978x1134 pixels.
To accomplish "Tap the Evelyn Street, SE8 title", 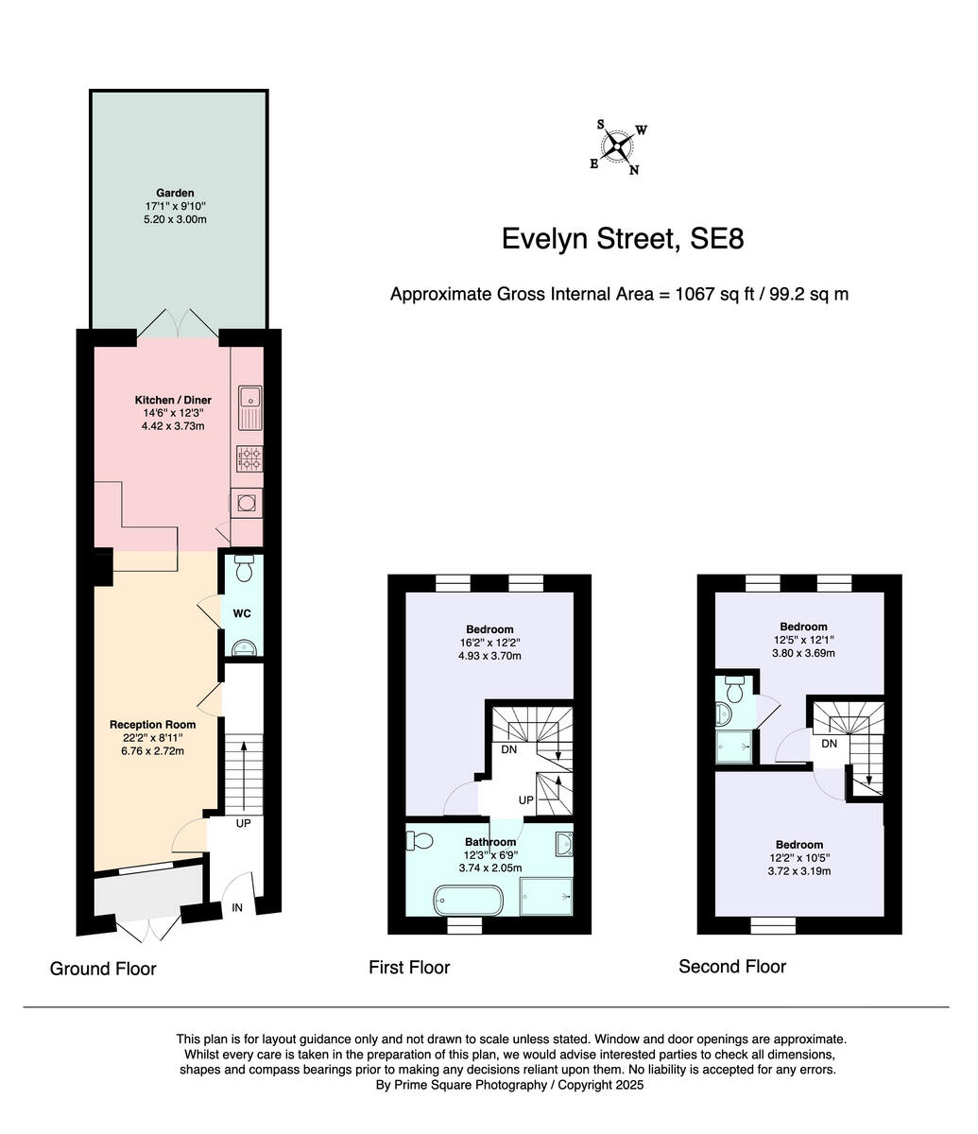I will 622,238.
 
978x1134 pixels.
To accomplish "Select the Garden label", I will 175,193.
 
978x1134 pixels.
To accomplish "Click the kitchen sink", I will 250,405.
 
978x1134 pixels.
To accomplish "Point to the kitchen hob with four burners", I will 250,459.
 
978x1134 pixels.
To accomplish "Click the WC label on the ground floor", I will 242,613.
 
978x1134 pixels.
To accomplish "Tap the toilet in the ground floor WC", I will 243,570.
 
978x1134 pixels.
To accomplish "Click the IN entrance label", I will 238,907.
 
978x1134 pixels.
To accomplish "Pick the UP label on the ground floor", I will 243,823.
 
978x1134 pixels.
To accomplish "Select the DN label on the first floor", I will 508,749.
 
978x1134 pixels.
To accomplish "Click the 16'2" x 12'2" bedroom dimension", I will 489,643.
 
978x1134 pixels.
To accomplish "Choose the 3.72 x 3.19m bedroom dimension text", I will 798,871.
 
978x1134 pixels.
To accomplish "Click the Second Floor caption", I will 731,966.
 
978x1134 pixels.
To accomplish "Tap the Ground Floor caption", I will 103,969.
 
